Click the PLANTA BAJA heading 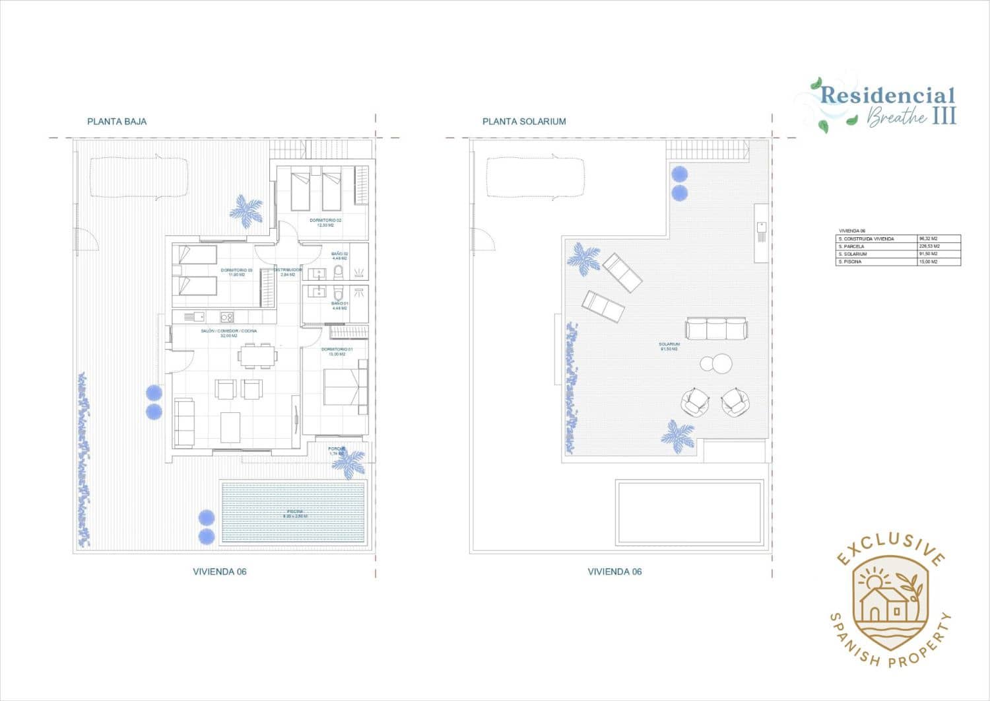point(117,122)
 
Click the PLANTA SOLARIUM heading point(524,122)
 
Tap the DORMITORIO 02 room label point(325,222)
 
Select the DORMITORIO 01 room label point(337,351)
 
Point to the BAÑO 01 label point(339,305)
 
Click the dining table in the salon point(257,357)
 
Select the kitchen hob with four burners point(226,317)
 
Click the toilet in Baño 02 point(339,272)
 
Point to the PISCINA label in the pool point(294,513)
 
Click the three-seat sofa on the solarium point(716,328)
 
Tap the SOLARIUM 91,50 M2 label point(669,346)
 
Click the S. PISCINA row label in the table point(851,262)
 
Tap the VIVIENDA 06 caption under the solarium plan point(614,572)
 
